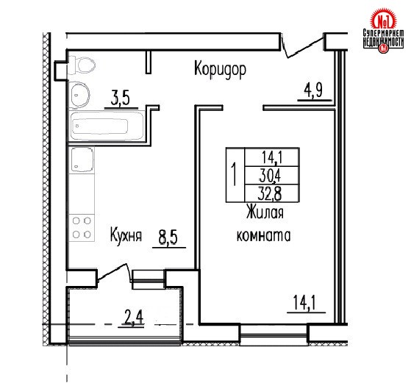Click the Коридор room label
coord(220,69)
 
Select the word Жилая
coord(265,212)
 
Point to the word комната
coord(264,235)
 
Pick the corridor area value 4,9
coord(313,90)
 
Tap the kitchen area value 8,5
coord(168,237)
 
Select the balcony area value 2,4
coord(134,318)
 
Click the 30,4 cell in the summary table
coord(271,175)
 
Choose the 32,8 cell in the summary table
coord(271,193)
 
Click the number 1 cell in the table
coord(235,175)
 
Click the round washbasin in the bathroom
coord(79,94)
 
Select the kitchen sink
coord(82,160)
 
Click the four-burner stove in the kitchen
coord(82,228)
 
